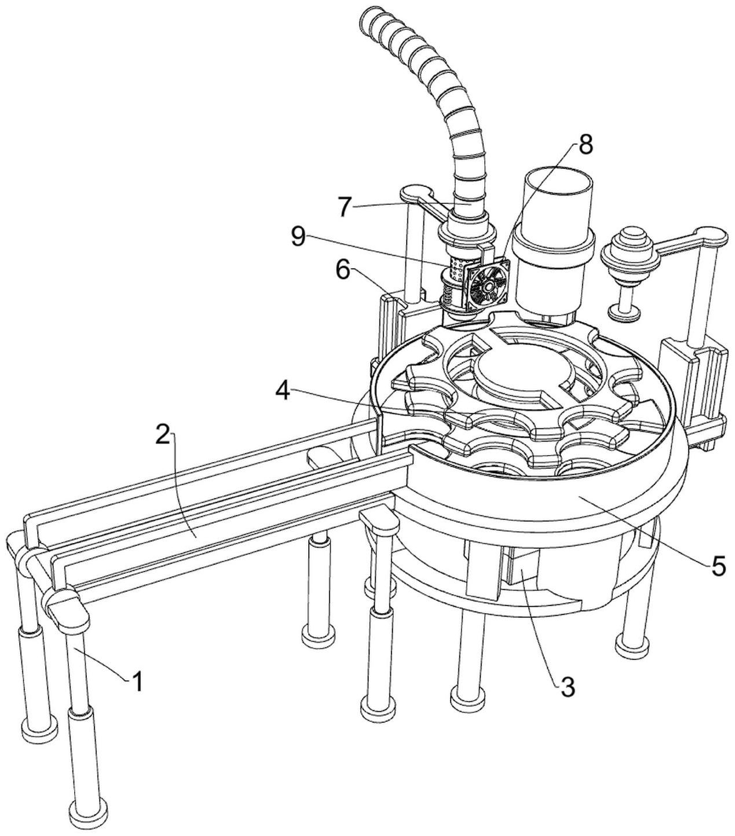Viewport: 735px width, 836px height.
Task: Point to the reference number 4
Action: coord(283,391)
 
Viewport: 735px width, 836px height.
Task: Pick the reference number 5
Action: coord(718,566)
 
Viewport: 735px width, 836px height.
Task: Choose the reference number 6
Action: coord(343,270)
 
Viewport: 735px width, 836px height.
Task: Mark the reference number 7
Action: coord(345,206)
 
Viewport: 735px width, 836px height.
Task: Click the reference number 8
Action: coord(585,145)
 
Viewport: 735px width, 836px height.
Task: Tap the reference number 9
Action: coord(298,237)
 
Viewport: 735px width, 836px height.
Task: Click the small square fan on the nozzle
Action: coord(488,284)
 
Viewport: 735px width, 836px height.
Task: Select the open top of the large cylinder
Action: coord(560,185)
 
